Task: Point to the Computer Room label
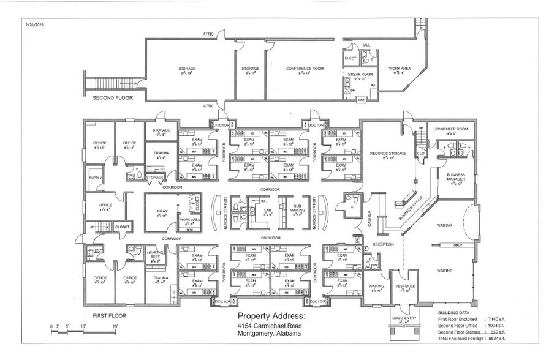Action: click(x=451, y=129)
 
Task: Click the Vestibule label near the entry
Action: click(x=405, y=286)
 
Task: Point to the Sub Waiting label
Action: click(x=297, y=209)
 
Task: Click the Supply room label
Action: click(x=96, y=178)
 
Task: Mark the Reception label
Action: click(x=382, y=244)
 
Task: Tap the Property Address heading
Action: click(x=270, y=316)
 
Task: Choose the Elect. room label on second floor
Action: click(x=350, y=58)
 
